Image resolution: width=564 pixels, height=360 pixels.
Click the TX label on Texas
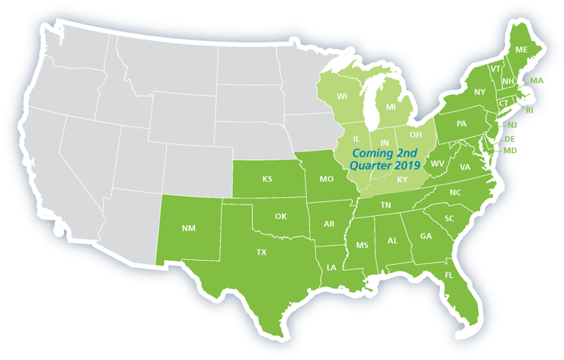click(261, 252)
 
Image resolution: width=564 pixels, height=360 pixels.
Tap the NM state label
click(189, 228)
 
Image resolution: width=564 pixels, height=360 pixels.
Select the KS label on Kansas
click(267, 179)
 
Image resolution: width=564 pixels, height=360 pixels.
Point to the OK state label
click(280, 216)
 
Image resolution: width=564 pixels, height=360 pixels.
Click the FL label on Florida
click(449, 275)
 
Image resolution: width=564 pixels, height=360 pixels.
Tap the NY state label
click(480, 92)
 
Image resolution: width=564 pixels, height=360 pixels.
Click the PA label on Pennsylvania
click(462, 124)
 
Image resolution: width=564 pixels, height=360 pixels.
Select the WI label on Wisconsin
click(342, 97)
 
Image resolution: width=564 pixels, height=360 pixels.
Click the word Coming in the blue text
click(356, 153)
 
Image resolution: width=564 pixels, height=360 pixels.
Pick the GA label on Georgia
click(426, 236)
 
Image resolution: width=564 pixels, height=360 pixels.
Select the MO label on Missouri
click(326, 178)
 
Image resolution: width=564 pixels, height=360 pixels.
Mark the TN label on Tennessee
click(386, 206)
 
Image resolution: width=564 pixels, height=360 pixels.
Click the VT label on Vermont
click(496, 68)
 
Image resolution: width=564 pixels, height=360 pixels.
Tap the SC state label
click(450, 219)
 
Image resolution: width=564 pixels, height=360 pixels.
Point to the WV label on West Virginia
click(438, 163)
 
